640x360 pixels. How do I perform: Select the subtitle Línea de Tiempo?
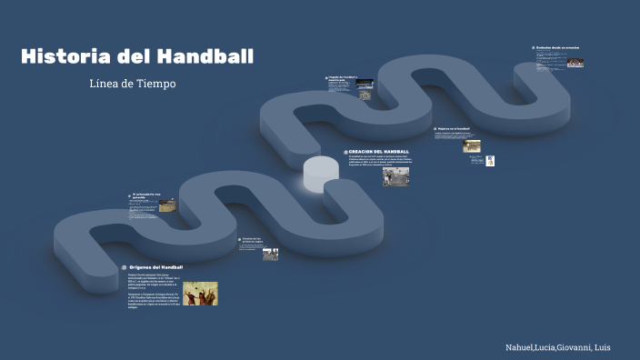point(133,84)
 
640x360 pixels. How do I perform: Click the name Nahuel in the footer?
point(523,348)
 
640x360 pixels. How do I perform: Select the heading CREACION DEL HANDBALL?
point(379,152)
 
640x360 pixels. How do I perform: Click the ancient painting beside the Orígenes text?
point(200,294)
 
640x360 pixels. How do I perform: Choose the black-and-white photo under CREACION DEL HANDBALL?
point(395,176)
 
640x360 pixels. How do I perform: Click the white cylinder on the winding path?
point(320,173)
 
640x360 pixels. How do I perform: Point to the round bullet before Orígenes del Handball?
point(123,267)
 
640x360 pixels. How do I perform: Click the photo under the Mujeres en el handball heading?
point(471,145)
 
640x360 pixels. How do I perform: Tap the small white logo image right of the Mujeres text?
point(490,161)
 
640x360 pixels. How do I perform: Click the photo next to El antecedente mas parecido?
point(167,205)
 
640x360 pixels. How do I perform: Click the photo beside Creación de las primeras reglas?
point(270,254)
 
